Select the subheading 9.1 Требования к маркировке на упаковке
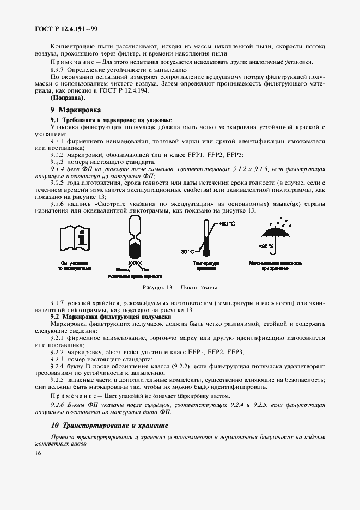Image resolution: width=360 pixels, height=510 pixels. (x=111, y=119)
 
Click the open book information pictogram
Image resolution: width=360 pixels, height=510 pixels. (x=75, y=240)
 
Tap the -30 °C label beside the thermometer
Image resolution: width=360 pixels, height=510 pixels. (x=187, y=251)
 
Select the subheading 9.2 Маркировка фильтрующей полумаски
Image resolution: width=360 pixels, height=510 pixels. (x=111, y=317)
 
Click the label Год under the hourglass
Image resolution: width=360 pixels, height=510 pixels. (x=145, y=269)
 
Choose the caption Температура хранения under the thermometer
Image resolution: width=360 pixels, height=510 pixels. (x=205, y=265)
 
